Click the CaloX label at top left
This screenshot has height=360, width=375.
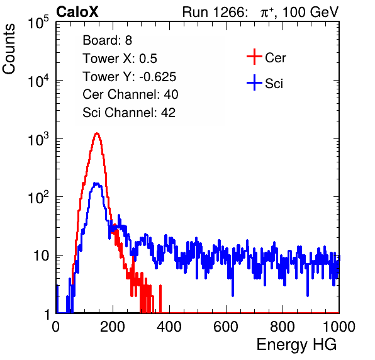tap(77, 12)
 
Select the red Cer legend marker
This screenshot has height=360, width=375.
tap(254, 57)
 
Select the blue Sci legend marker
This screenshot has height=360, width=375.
tap(254, 82)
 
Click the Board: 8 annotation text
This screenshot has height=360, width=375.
tap(107, 40)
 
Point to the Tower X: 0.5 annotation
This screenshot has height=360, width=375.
tap(120, 59)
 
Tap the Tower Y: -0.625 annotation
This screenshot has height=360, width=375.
tap(129, 77)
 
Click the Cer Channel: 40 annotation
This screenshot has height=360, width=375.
tap(130, 94)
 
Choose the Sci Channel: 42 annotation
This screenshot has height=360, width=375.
tap(129, 113)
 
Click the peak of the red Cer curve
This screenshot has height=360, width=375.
tap(97, 133)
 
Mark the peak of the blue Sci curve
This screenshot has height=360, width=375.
tap(96, 184)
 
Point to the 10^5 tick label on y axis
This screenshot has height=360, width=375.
tap(38, 23)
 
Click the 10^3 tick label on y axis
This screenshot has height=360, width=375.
tap(38, 139)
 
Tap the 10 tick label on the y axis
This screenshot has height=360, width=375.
tap(41, 256)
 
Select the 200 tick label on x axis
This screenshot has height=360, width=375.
tap(113, 327)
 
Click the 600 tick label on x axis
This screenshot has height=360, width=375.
tap(226, 327)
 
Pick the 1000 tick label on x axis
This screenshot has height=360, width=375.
tap(339, 327)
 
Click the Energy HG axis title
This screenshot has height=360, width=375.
tap(296, 345)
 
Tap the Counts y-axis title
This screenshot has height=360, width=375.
tap(9, 49)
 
